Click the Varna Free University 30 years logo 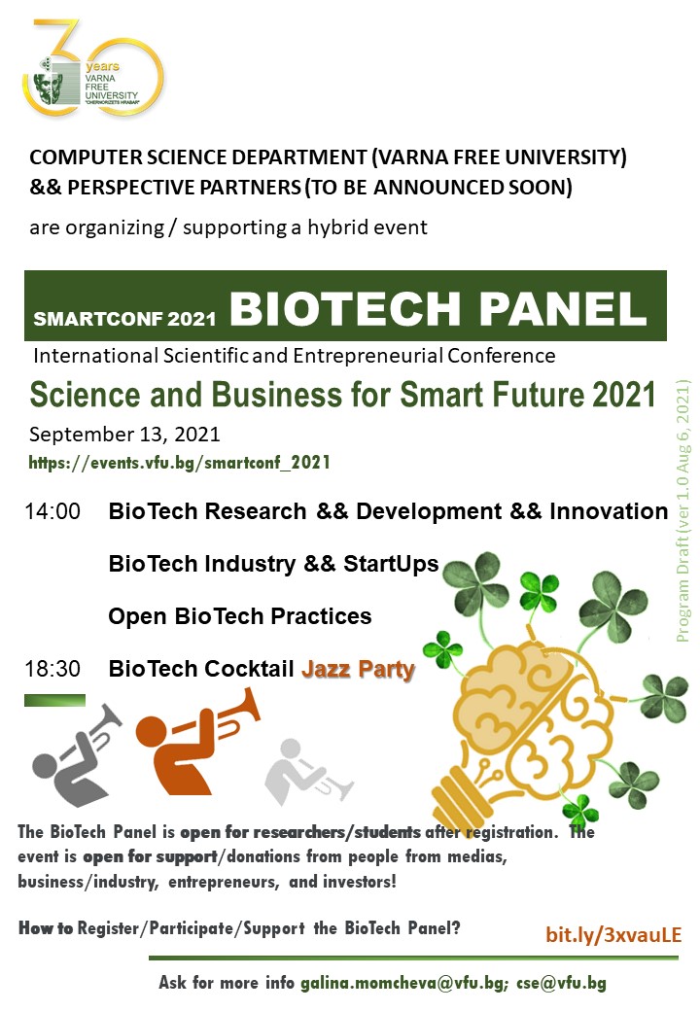coord(92,68)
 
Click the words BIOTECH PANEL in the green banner coord(438,308)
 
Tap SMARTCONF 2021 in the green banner coord(124,319)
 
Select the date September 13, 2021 coord(124,435)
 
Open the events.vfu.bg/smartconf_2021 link coord(179,463)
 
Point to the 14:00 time coord(52,511)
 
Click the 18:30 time coord(52,669)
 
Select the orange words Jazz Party coord(358,669)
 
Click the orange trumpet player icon coord(196,742)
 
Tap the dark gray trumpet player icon coord(76,755)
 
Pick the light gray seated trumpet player coord(308,771)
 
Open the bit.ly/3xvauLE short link coord(613,935)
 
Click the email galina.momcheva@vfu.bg coord(403,983)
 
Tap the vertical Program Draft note coord(683,511)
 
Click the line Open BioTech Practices coord(240,616)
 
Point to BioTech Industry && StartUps coord(273,564)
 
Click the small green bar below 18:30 coord(54,700)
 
